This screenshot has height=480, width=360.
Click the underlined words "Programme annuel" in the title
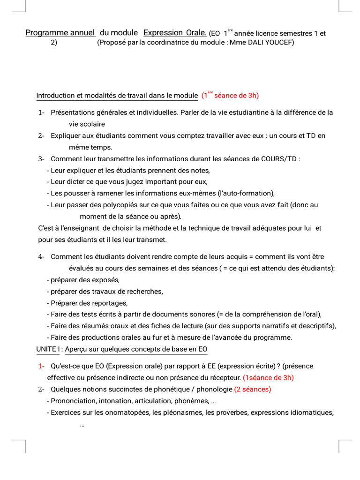coord(60,33)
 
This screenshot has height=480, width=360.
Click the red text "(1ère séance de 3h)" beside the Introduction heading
coord(230,96)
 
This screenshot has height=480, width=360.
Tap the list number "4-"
coord(41,256)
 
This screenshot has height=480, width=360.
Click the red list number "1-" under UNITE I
coord(41,366)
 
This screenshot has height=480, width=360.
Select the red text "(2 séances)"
coord(253,389)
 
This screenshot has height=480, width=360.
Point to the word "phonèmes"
coord(191,401)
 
